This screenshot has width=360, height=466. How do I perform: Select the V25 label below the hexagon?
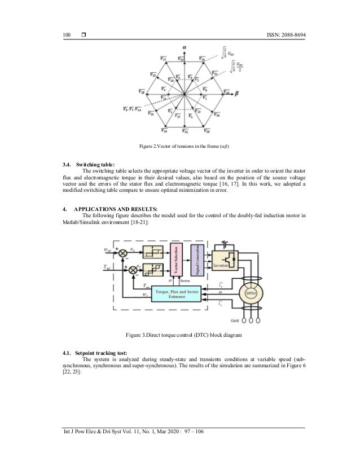[x=186, y=132]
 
